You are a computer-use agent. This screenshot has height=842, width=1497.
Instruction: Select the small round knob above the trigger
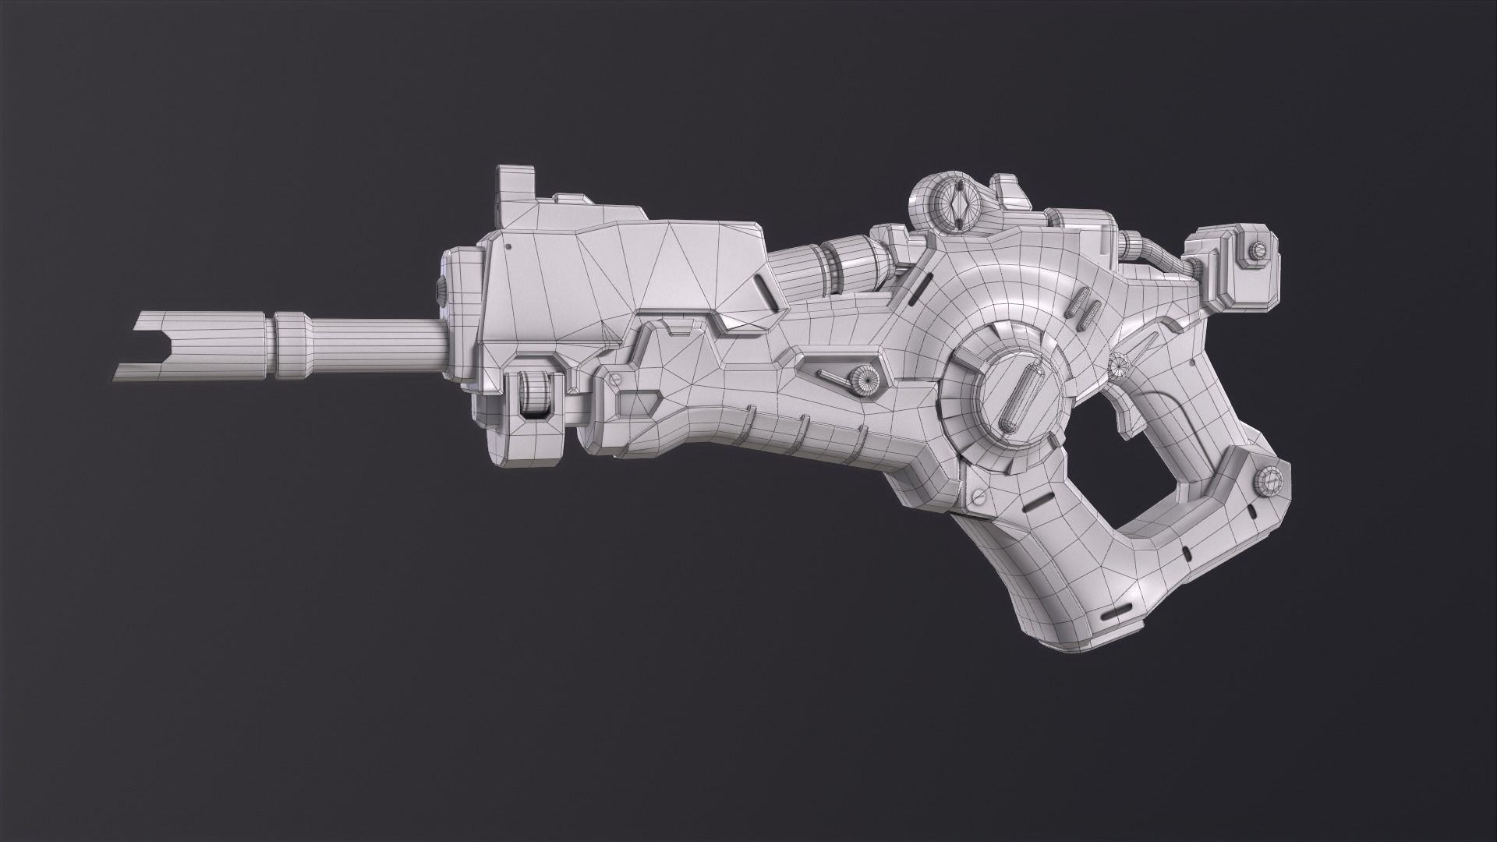tap(1121, 363)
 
